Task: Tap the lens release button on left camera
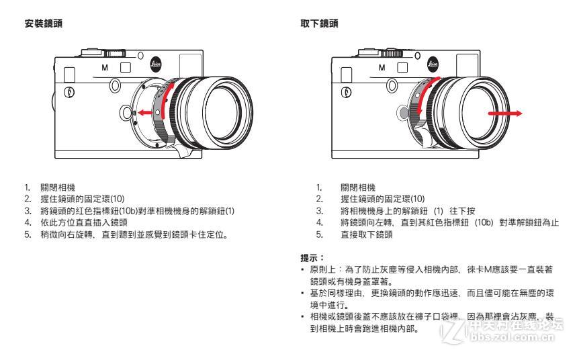point(126,111)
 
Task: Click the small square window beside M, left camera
point(125,67)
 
